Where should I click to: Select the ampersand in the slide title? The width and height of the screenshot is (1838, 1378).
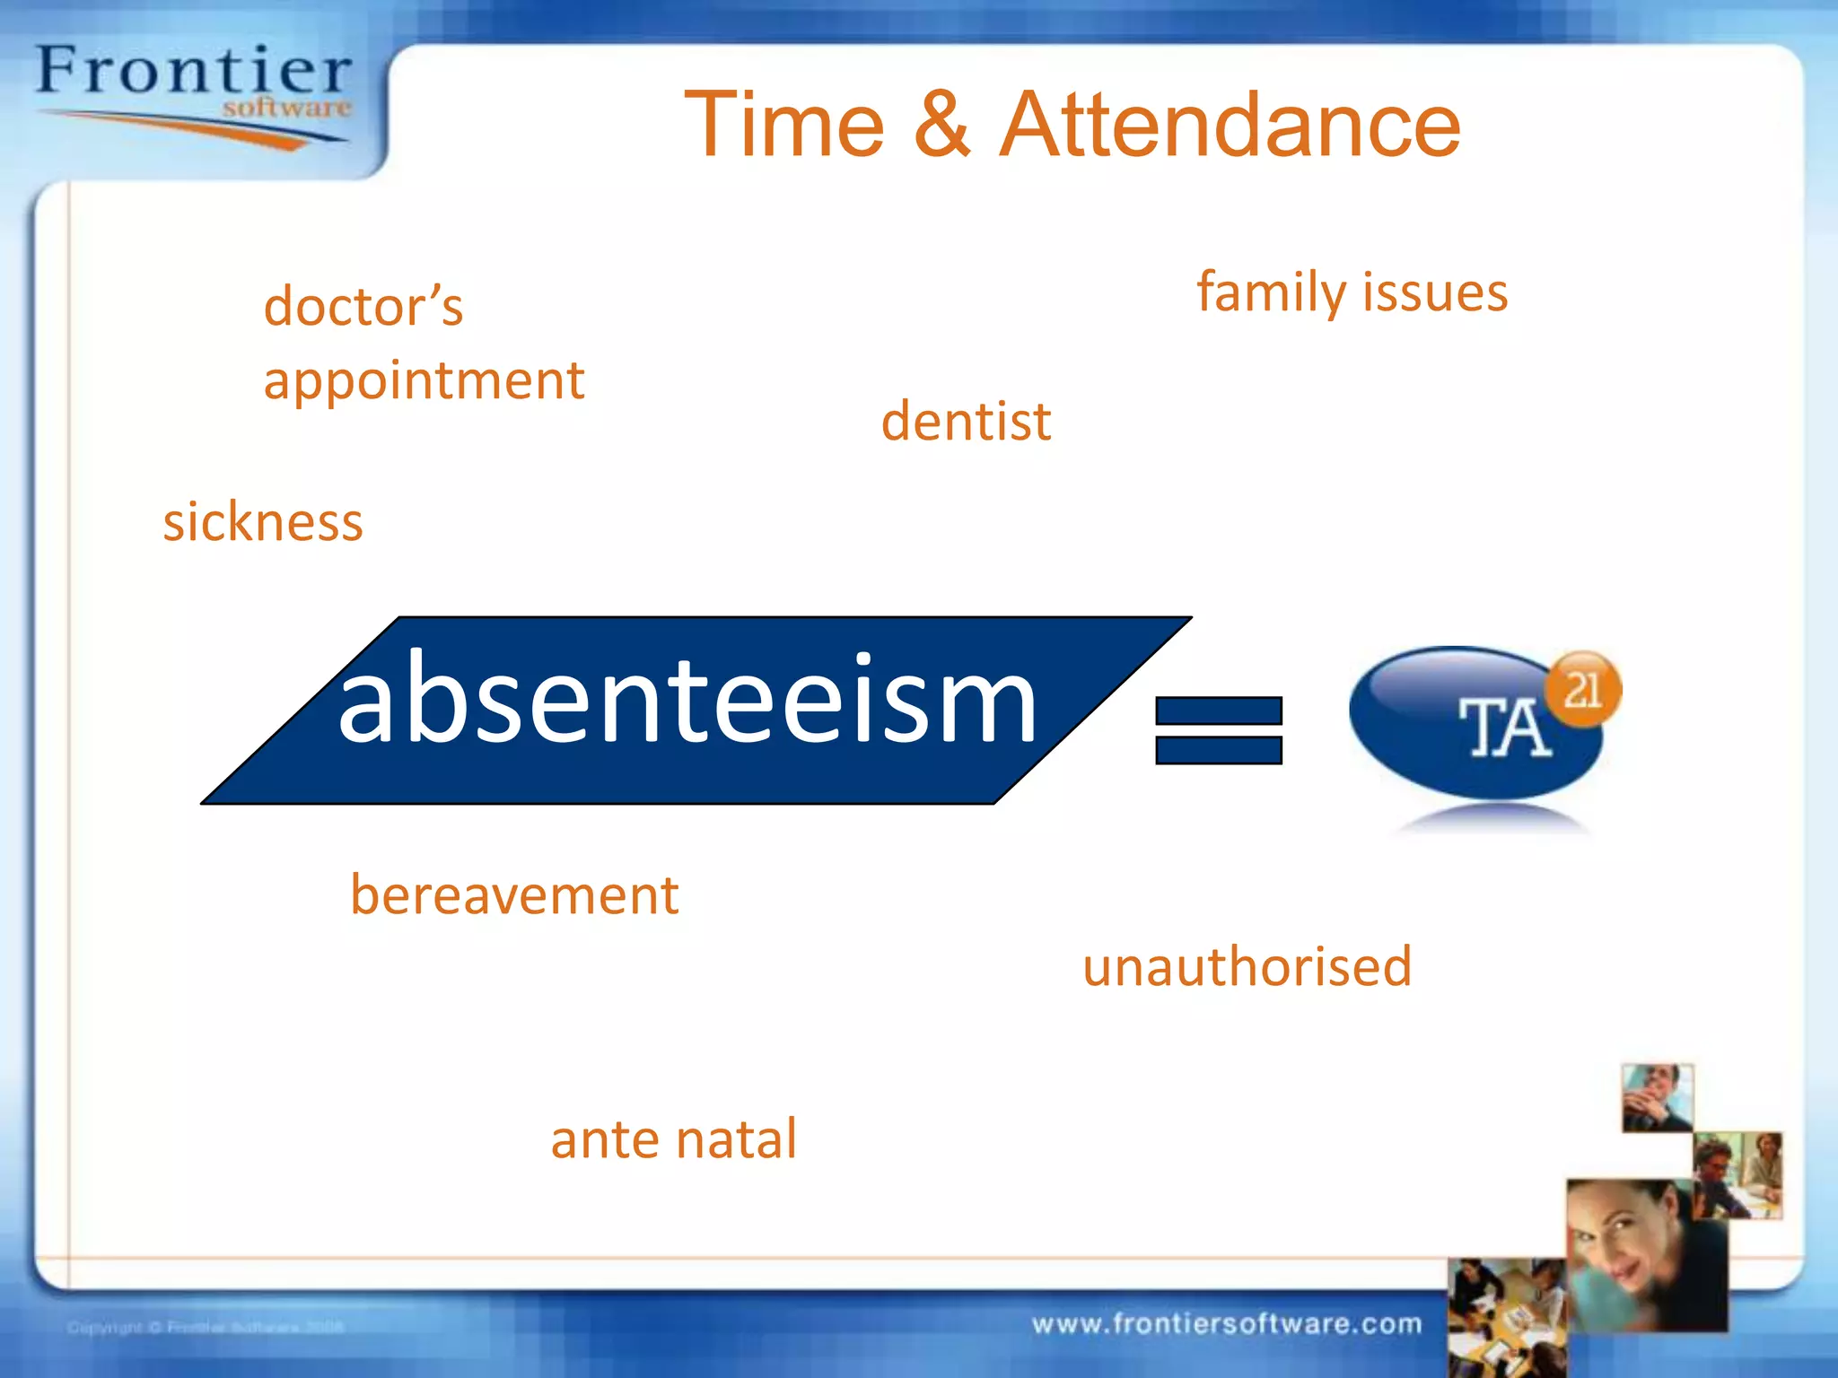click(942, 126)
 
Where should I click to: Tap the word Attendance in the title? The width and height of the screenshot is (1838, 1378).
click(1230, 126)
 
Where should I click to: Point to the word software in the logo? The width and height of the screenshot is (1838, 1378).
click(286, 109)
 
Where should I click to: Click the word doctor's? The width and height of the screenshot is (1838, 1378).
click(363, 307)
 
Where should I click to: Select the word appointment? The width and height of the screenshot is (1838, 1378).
click(424, 381)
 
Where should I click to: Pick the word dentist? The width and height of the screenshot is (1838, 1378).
click(966, 422)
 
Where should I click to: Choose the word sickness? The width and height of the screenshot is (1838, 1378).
click(262, 522)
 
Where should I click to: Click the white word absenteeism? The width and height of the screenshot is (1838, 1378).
click(687, 700)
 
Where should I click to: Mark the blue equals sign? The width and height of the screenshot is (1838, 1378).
click(1218, 730)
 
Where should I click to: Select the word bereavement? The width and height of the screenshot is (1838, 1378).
click(513, 895)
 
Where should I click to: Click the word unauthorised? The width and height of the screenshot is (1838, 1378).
click(1247, 967)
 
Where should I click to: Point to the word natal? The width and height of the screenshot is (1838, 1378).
click(736, 1139)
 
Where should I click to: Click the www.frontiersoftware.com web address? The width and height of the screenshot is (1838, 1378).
click(1226, 1324)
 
